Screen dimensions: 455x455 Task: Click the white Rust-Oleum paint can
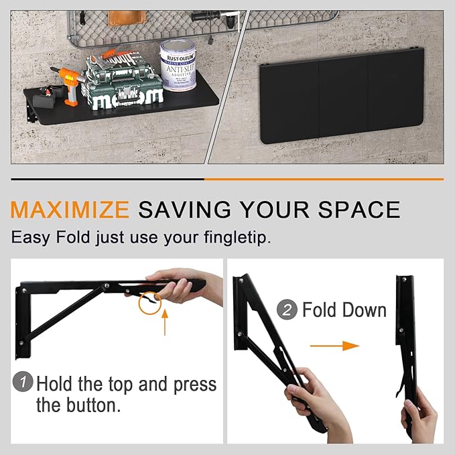coord(178,65)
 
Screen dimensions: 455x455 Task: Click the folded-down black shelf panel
coord(342,96)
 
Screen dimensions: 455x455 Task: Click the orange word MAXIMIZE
coord(70,209)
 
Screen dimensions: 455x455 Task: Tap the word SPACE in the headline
coord(359,209)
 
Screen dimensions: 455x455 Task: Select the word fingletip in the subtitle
coord(237,238)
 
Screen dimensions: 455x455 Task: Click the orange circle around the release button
coord(149,303)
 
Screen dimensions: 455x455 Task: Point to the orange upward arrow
coord(165,322)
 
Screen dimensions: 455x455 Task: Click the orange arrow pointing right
coord(334,346)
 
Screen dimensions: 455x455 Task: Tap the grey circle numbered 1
coord(23,381)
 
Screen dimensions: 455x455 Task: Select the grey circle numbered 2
coord(287,310)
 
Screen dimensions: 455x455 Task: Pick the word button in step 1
coord(93,405)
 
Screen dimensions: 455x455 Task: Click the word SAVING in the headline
coord(184,209)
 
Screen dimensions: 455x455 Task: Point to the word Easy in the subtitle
coord(30,238)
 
